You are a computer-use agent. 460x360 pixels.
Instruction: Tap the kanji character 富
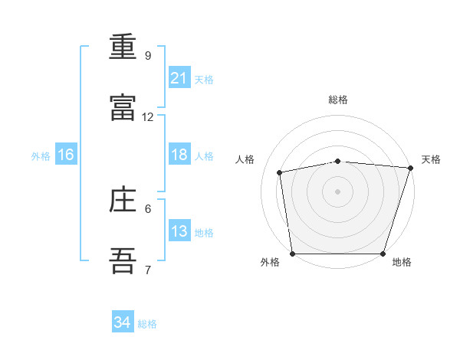click(x=123, y=108)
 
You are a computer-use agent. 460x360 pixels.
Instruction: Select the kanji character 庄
click(x=123, y=200)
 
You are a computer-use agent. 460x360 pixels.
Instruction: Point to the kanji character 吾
click(x=123, y=261)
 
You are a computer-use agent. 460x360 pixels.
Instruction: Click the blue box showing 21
click(x=179, y=78)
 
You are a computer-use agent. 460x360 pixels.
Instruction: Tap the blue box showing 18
click(x=179, y=155)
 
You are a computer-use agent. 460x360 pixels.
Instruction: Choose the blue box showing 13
click(x=179, y=231)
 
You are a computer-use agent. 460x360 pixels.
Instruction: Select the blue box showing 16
click(x=66, y=155)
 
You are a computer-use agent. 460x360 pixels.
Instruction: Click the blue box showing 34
click(x=123, y=322)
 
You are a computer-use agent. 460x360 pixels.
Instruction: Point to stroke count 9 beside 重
click(x=148, y=56)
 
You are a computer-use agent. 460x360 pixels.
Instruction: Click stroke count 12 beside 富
click(x=148, y=117)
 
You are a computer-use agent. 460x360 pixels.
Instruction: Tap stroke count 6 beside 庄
click(x=148, y=208)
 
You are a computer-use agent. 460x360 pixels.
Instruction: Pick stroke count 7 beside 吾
click(x=148, y=270)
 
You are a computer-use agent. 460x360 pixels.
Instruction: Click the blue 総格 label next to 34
click(x=147, y=324)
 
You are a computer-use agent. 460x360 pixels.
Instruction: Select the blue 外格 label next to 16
click(x=41, y=156)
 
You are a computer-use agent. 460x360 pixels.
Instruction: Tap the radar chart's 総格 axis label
click(x=337, y=100)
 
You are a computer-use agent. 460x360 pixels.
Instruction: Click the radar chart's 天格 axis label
click(x=431, y=159)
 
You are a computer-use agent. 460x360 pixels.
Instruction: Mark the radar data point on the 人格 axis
click(x=281, y=172)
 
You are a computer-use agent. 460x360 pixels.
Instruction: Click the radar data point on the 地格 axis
click(x=383, y=254)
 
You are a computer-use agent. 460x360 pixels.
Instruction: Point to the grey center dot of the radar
click(x=337, y=191)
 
